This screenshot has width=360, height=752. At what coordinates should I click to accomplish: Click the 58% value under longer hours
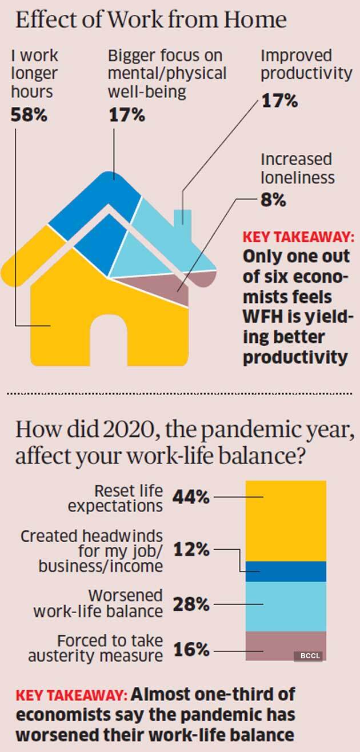[29, 115]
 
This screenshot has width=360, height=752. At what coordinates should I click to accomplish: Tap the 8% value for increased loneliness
[273, 201]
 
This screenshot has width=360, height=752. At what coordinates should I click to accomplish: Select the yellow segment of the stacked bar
[286, 520]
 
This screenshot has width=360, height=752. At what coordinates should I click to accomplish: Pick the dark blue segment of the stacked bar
[286, 571]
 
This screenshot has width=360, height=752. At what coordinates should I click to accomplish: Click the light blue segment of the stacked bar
[286, 606]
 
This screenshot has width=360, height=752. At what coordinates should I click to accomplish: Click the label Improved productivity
[306, 65]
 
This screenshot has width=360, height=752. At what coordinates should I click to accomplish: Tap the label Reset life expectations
[129, 498]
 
